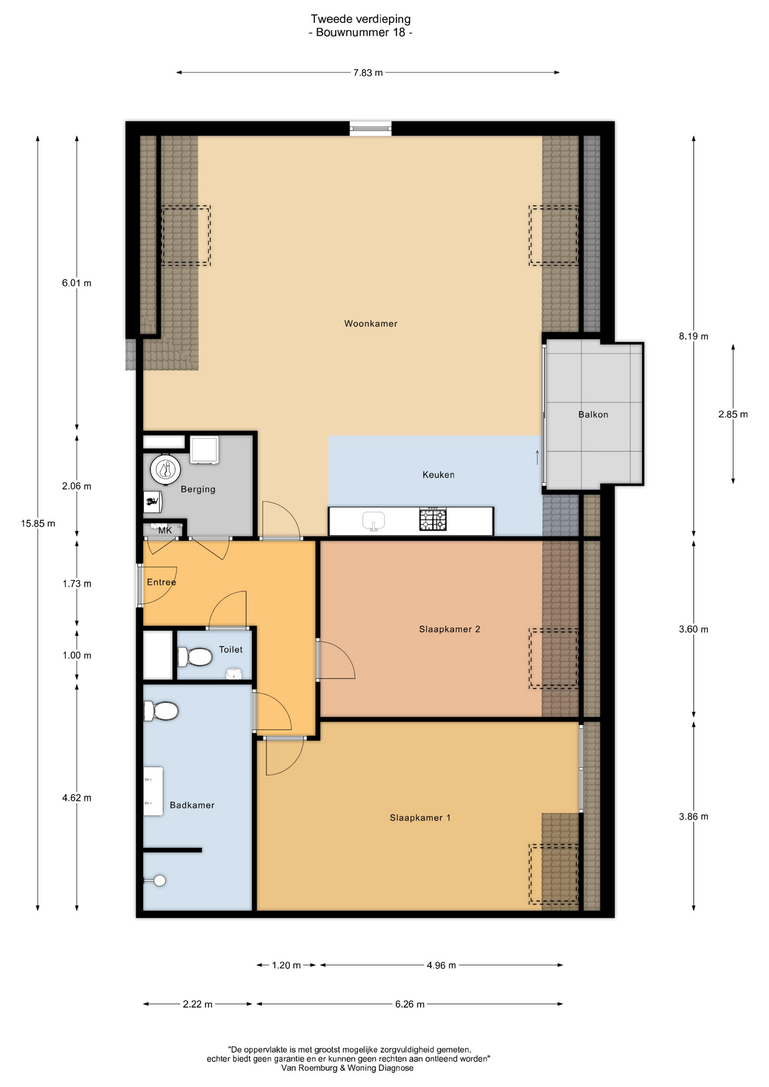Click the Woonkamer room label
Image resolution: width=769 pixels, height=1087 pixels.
point(370,324)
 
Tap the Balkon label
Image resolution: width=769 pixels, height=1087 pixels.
point(593,414)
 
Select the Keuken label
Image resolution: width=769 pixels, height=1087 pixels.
point(438,474)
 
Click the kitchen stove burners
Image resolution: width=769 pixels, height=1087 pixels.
point(433,520)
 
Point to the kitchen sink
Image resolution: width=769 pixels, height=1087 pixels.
point(374,521)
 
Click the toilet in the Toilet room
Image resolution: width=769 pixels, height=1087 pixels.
point(195,657)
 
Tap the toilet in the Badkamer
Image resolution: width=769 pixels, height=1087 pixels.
point(161,711)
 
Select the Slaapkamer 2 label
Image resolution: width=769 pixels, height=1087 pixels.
point(450,629)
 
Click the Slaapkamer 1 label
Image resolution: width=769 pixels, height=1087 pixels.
point(420,818)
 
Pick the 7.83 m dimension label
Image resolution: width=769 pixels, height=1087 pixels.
point(368,72)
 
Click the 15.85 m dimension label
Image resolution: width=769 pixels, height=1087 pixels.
point(38,523)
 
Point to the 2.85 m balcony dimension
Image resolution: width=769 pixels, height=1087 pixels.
point(733,414)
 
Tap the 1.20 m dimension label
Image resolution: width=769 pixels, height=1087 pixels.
point(286,965)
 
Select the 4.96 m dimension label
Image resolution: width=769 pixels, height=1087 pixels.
point(441,965)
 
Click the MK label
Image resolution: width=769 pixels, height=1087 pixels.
point(165,530)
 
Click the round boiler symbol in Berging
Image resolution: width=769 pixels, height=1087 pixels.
point(165,469)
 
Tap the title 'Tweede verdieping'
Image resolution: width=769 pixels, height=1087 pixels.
point(361,19)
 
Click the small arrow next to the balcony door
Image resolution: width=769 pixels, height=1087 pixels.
point(537,457)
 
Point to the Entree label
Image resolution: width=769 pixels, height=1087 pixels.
point(161,582)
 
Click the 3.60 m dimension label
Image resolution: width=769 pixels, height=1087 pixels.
point(693,629)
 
